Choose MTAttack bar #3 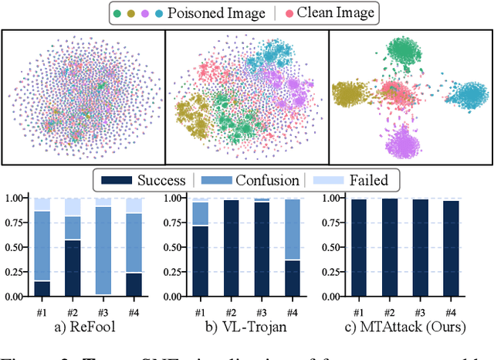click(x=420, y=248)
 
